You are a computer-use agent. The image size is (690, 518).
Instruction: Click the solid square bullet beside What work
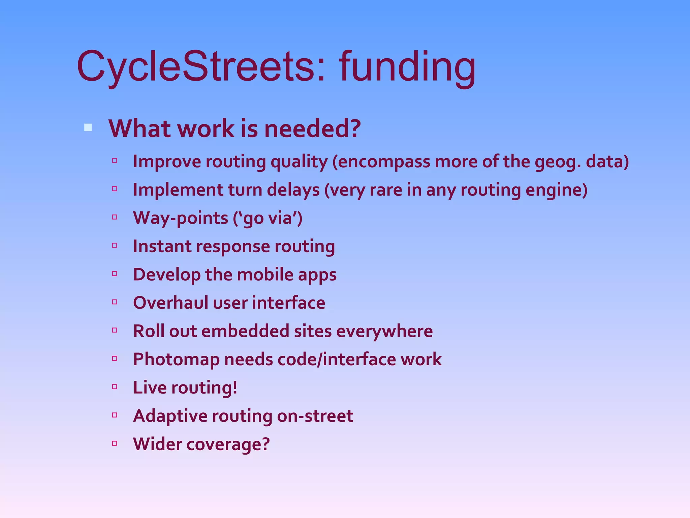[88, 127]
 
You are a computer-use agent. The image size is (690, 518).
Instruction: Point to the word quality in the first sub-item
[299, 162]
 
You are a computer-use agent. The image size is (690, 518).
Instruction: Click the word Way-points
[181, 218]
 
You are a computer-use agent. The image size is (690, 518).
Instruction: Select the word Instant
[162, 246]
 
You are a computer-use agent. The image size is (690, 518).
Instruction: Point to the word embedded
[245, 331]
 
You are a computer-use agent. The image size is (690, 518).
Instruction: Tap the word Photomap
[176, 359]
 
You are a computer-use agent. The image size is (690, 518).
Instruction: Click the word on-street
[315, 416]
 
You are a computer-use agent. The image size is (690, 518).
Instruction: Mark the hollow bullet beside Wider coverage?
[115, 443]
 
